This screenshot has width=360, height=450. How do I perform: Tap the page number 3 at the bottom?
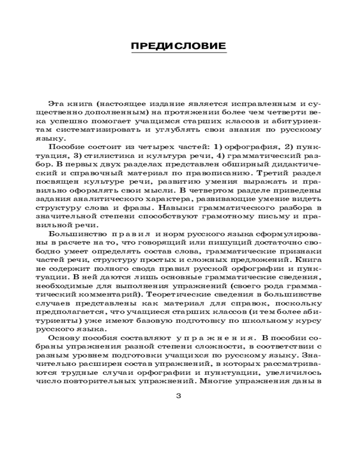(x=179, y=396)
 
